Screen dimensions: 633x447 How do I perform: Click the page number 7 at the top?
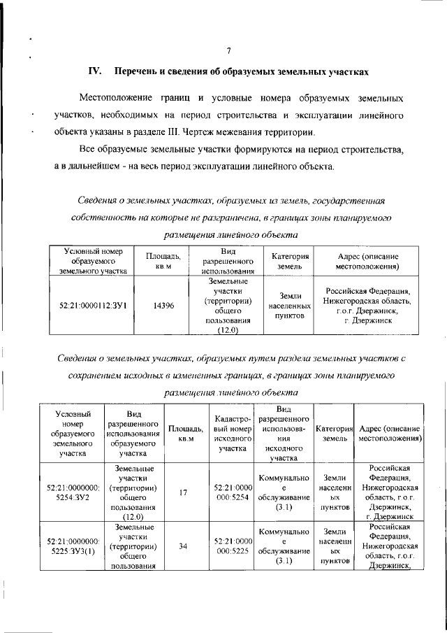(x=228, y=49)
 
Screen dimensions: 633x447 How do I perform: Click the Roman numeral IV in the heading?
(x=95, y=71)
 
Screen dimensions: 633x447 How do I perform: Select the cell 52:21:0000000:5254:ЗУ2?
(x=73, y=492)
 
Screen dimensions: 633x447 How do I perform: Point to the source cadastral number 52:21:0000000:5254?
(x=233, y=492)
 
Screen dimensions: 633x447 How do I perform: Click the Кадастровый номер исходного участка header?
(x=233, y=433)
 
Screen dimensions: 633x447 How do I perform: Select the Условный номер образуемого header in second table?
(x=73, y=433)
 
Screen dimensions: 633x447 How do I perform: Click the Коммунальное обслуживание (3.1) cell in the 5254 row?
(x=284, y=492)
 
